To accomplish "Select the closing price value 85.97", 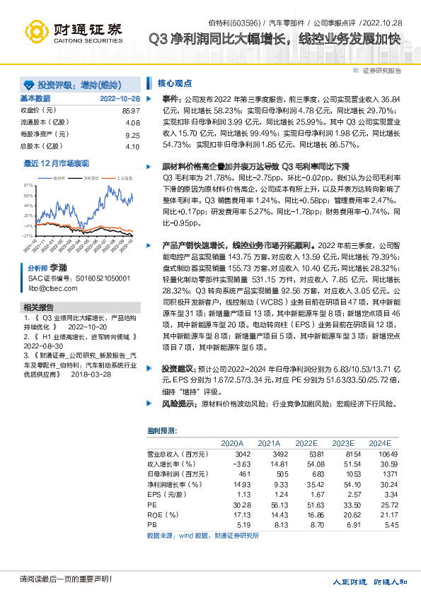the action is (132, 111).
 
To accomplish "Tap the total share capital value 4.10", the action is (132, 146).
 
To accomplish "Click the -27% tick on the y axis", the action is (27, 235).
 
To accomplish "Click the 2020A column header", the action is (232, 442).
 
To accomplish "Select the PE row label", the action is (151, 506).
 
